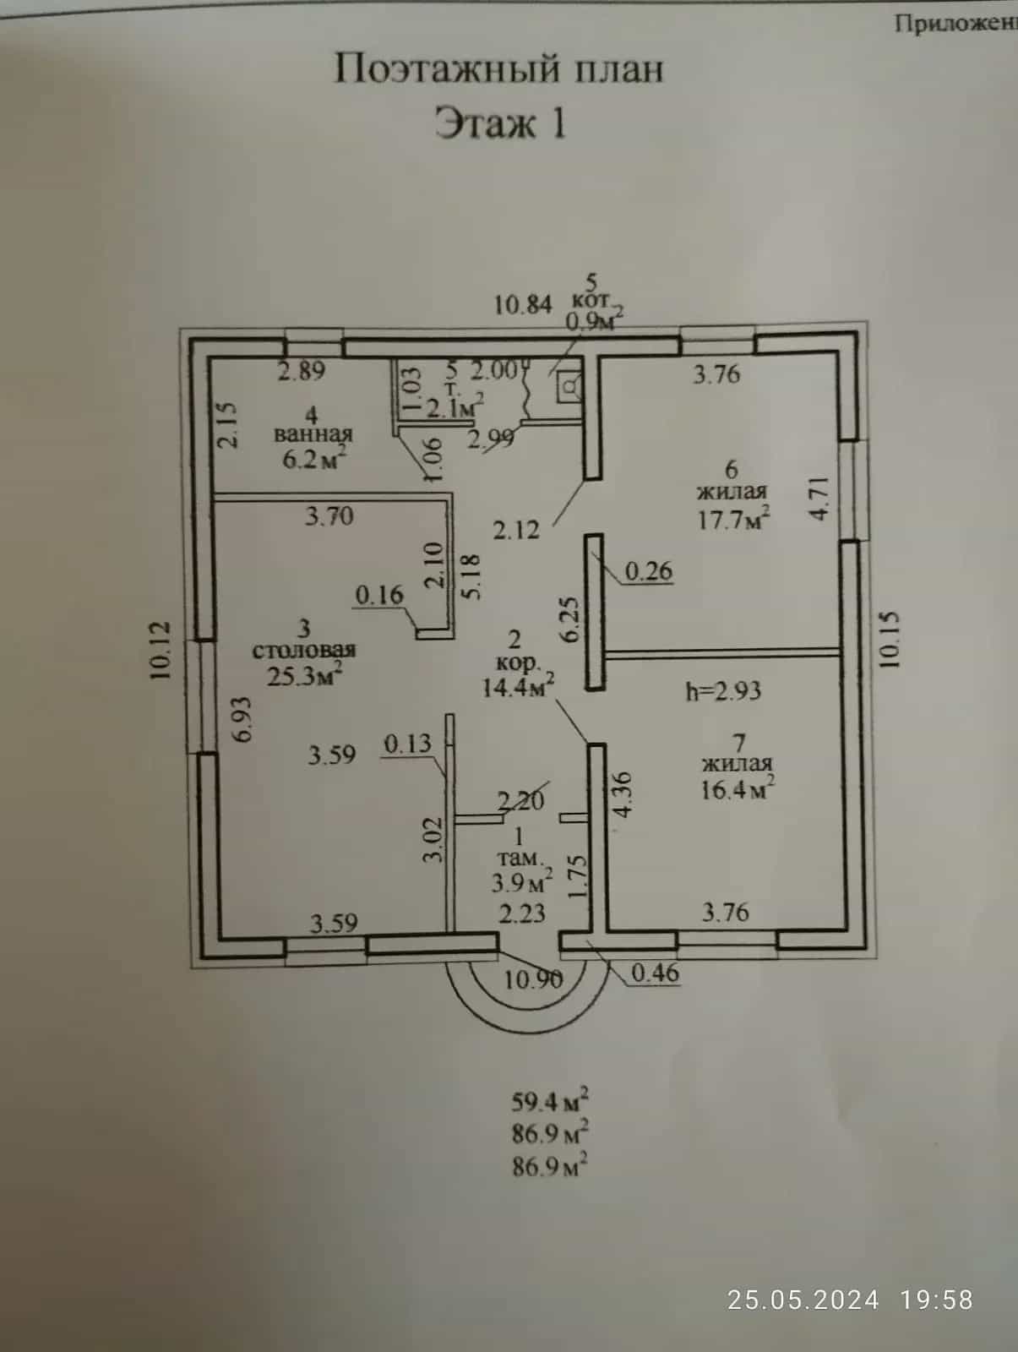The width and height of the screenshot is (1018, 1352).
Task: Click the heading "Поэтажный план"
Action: (498, 69)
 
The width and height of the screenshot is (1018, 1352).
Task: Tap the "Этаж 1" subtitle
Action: (500, 123)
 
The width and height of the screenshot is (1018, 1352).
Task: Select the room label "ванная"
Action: (313, 433)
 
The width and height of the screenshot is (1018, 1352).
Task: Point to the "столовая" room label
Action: (303, 650)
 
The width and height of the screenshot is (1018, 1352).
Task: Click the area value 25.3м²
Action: (305, 675)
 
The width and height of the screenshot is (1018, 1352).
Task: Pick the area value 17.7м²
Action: (732, 519)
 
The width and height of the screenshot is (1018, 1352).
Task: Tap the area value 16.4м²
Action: (738, 789)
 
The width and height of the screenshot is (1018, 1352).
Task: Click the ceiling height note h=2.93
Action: (724, 690)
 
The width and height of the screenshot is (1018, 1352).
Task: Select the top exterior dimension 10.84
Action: (523, 304)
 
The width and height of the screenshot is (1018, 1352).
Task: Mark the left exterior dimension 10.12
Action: (161, 650)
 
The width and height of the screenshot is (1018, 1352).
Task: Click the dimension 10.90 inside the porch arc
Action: (533, 980)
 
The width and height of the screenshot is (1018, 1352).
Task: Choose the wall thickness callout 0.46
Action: (656, 973)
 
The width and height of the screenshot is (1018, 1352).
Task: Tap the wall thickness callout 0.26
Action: (649, 571)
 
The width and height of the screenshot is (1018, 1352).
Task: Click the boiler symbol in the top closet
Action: (570, 387)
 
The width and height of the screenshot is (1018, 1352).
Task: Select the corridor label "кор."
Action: (518, 662)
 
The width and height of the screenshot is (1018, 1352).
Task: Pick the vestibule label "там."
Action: (520, 858)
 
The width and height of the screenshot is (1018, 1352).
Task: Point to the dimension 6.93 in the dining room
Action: (243, 719)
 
